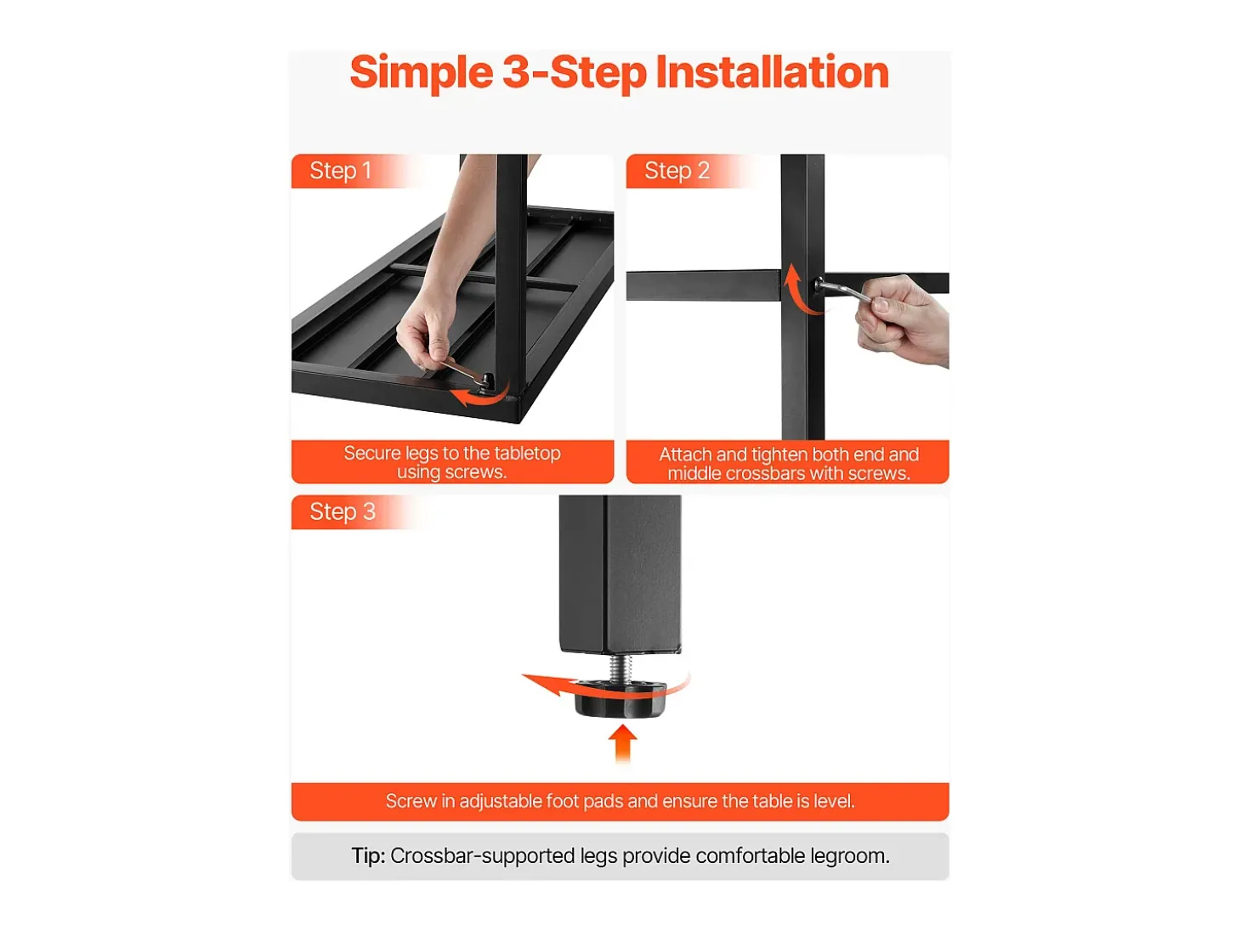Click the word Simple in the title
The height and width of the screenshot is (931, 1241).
422,73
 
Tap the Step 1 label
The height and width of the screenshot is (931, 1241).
340,171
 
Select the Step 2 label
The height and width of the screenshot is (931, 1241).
677,171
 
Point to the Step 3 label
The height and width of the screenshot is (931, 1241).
342,512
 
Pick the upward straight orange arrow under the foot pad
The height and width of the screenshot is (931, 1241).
622,743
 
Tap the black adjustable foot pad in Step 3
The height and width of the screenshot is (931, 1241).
620,698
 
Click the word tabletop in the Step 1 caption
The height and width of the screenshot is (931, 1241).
527,453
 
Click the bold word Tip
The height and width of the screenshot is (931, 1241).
368,856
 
